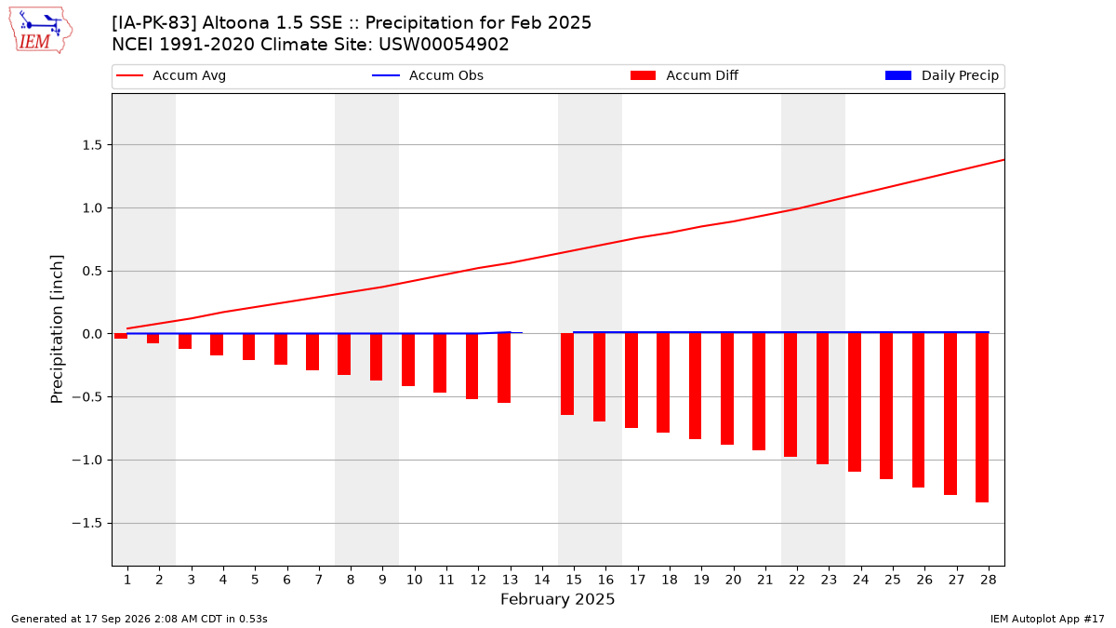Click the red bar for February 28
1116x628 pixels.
pos(982,418)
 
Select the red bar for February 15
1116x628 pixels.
pos(567,374)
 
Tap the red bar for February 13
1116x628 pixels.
pos(504,368)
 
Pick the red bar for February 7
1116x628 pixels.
pos(312,352)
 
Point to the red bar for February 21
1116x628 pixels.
pos(759,392)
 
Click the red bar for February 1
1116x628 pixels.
pos(121,336)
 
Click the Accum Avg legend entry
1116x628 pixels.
pos(171,75)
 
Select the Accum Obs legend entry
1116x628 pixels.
pos(428,75)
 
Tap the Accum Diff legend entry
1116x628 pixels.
pos(684,75)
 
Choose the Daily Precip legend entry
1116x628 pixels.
pos(941,75)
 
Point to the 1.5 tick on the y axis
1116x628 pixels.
pos(92,145)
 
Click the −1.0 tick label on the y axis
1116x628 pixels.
pos(86,460)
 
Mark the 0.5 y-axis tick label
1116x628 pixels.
pos(92,271)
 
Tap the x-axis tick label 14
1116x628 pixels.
pos(542,580)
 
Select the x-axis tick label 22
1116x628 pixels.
pos(797,580)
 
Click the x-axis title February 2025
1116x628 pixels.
pos(557,599)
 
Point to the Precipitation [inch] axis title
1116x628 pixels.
pos(57,329)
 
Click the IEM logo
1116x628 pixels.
pos(41,31)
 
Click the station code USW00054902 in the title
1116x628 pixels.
pos(444,45)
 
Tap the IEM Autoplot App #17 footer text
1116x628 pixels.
pos(1047,619)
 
